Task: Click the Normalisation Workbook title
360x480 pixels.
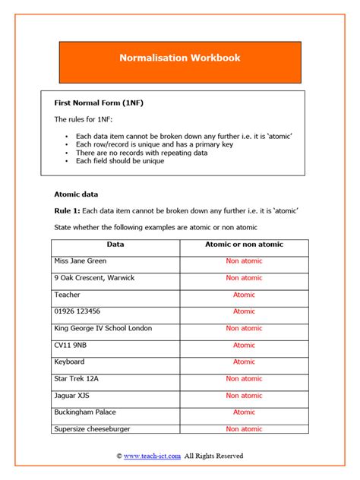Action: (x=179, y=58)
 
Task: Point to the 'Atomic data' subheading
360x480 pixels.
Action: (x=76, y=194)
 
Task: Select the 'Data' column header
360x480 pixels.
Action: (x=115, y=245)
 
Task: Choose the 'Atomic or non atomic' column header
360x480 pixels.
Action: (x=244, y=245)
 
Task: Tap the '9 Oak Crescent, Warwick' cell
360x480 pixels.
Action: (x=94, y=278)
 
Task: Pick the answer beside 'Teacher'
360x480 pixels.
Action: (x=244, y=295)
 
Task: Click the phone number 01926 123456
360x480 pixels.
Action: (x=77, y=311)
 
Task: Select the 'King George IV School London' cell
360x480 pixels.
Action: (x=103, y=328)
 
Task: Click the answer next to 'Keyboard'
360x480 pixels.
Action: (x=244, y=362)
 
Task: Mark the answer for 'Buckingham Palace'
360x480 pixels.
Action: (x=244, y=412)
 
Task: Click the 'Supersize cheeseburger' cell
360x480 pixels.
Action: (x=92, y=428)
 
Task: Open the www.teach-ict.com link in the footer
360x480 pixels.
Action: (x=152, y=456)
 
